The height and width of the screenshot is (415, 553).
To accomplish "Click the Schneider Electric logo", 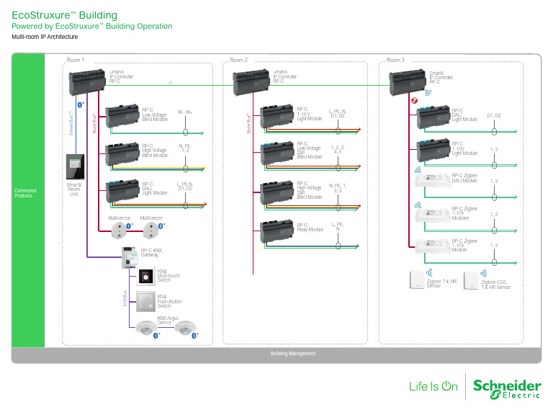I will coord(507,387).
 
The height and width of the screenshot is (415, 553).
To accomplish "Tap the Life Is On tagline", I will coord(433,386).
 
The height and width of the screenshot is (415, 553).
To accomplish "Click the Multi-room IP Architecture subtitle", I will coord(45,37).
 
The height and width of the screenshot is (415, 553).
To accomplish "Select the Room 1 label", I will coord(76,60).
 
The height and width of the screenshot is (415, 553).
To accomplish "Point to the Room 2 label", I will coord(238,60).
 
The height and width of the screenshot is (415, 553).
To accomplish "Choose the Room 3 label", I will coord(395,60).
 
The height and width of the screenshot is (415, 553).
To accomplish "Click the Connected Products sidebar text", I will coord(25,193).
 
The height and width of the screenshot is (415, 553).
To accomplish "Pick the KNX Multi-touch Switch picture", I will coord(146,277).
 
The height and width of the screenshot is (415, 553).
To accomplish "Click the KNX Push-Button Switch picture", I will coord(146,300).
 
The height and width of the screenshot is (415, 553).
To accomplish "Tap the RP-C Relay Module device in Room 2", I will coord(274,229).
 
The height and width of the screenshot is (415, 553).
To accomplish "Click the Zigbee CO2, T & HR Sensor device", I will coord(472,280).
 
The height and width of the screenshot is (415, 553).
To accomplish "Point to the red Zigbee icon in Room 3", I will coord(414,101).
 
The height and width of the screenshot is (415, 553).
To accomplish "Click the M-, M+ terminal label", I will coord(185,112).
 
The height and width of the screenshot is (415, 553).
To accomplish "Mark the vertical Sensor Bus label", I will coord(71,124).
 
